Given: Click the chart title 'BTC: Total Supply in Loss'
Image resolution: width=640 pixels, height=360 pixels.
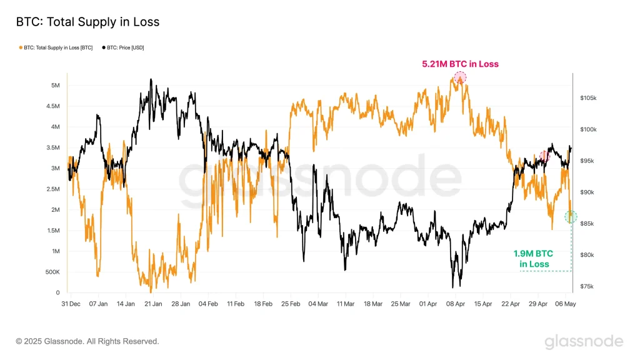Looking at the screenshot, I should [87, 22].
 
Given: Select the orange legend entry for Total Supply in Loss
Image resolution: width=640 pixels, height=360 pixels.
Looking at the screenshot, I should [56, 47].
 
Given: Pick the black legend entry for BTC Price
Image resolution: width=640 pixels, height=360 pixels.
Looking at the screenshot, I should [124, 47].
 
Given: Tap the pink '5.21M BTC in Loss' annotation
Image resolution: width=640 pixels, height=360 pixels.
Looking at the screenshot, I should [460, 64].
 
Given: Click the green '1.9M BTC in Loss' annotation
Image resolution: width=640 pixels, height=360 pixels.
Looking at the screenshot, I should [534, 259].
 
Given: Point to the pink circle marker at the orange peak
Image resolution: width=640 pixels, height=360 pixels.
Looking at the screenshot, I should [460, 77].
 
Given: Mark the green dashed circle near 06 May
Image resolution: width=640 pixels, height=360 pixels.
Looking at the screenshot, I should [571, 216].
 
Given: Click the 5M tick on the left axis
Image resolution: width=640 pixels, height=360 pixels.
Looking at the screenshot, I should [56, 85].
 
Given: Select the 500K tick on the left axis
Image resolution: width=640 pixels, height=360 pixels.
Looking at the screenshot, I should [52, 272].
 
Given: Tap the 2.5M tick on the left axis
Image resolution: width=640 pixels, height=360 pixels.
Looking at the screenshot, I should [53, 189].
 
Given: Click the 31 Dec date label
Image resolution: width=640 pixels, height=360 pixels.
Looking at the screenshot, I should [71, 304].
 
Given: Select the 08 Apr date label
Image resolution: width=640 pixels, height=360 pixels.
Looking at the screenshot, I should [456, 304].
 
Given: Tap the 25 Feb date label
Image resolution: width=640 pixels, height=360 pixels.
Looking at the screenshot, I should [291, 304].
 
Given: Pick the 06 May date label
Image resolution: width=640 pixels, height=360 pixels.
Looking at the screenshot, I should [566, 304].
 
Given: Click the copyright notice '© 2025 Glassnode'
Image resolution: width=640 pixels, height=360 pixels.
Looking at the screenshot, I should [87, 341].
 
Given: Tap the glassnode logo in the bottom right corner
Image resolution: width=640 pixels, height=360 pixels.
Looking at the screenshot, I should [584, 341].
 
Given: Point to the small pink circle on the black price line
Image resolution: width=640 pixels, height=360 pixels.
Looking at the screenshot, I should [544, 156].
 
